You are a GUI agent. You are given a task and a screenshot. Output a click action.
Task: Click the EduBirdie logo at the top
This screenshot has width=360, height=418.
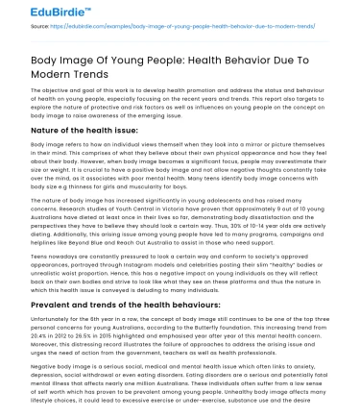(x=38, y=12)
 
